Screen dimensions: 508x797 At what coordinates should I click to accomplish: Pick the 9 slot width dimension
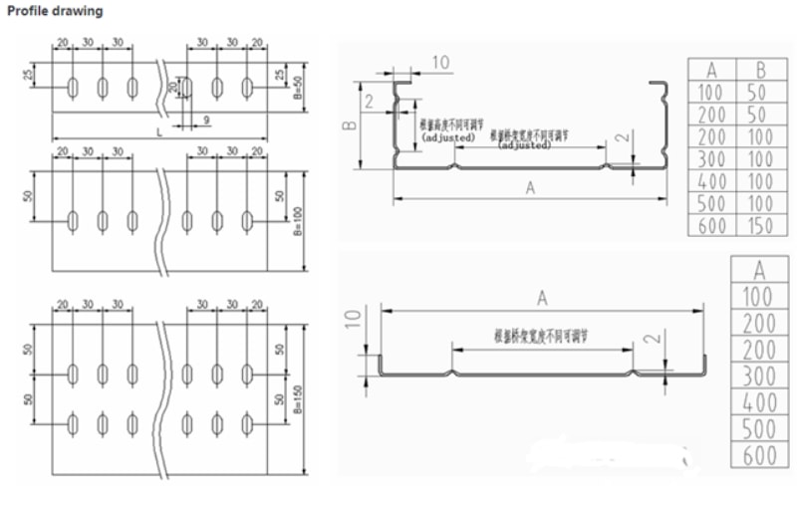pyautogui.click(x=205, y=121)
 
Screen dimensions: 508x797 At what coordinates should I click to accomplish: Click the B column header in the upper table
pyautogui.click(x=761, y=70)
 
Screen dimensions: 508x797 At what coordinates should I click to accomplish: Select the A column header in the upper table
pyautogui.click(x=712, y=70)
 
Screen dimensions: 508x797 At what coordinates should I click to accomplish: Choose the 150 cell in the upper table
pyautogui.click(x=761, y=226)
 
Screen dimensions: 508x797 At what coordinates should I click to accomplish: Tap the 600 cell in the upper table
pyautogui.click(x=712, y=226)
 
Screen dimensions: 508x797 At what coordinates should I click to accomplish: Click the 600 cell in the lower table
pyautogui.click(x=758, y=457)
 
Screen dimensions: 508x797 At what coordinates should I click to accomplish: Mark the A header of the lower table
pyautogui.click(x=758, y=269)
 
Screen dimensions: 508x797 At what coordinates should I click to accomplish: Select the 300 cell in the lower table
pyautogui.click(x=758, y=376)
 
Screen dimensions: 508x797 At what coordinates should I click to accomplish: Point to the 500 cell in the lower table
pyautogui.click(x=758, y=430)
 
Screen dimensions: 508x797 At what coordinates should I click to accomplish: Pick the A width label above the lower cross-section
pyautogui.click(x=542, y=296)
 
